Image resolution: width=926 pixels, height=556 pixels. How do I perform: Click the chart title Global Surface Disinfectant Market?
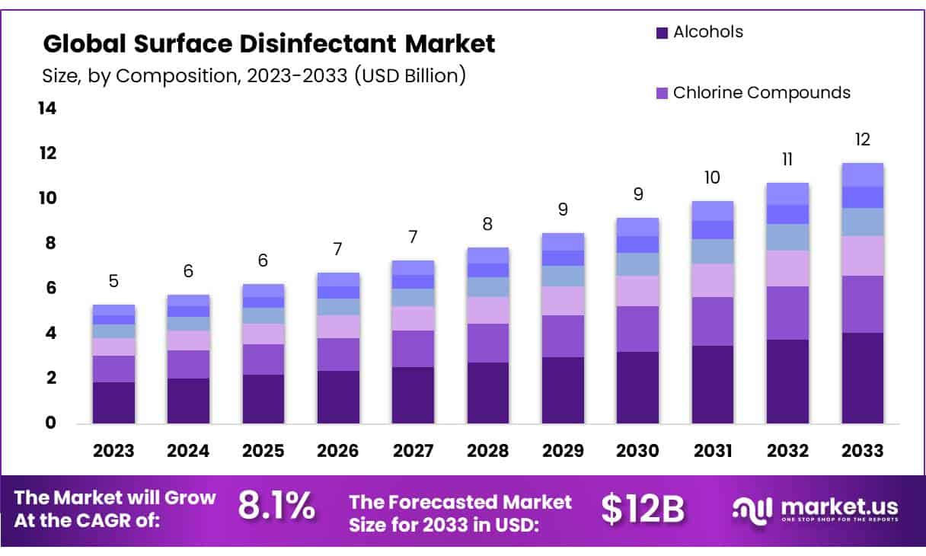(269, 44)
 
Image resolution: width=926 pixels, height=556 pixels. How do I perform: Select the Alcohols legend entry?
(707, 32)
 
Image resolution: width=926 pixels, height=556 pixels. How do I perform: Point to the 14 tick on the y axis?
(47, 109)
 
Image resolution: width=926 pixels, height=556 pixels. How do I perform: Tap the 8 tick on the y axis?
(49, 244)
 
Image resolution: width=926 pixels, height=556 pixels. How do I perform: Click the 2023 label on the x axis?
(113, 451)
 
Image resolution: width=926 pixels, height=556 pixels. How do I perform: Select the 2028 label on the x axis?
(488, 451)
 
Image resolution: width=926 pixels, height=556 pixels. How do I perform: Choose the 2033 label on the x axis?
(863, 451)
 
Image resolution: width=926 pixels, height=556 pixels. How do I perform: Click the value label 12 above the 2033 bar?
(863, 140)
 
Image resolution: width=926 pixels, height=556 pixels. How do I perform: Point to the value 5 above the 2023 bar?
(113, 282)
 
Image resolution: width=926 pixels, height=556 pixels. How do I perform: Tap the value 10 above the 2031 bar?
(713, 178)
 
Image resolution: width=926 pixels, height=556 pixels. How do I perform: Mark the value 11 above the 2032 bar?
(787, 159)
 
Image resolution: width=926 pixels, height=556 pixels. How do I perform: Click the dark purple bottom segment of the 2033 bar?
(863, 378)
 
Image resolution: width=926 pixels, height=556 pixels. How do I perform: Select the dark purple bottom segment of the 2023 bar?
(113, 403)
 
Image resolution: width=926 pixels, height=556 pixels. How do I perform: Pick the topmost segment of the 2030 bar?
(638, 226)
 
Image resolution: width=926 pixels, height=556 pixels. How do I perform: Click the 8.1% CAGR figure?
(276, 506)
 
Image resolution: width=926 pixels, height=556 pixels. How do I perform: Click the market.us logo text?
(837, 506)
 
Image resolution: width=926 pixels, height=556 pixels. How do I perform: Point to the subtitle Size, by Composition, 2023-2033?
(254, 75)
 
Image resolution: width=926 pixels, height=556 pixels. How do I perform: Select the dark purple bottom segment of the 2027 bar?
(414, 395)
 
